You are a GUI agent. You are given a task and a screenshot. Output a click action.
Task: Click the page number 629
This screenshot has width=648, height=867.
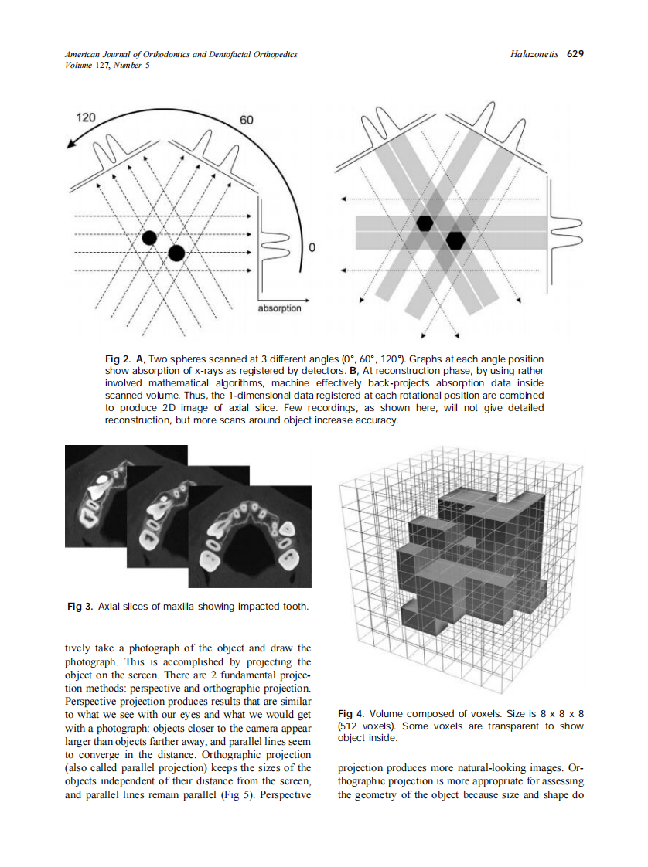click(x=575, y=54)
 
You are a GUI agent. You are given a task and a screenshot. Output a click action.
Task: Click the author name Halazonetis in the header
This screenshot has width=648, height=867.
click(x=536, y=54)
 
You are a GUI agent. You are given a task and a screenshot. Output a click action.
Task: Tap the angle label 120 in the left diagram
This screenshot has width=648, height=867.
click(x=86, y=118)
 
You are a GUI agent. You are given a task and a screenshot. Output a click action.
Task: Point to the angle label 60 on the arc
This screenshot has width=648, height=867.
click(x=247, y=121)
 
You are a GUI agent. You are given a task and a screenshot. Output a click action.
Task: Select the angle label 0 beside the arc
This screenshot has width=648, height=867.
click(x=312, y=248)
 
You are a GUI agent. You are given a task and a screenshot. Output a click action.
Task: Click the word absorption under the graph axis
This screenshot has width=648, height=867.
click(x=279, y=308)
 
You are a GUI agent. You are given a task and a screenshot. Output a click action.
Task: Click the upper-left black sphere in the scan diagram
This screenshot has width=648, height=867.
click(x=149, y=237)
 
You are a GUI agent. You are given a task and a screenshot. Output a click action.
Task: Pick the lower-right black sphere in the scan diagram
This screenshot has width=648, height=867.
click(x=176, y=253)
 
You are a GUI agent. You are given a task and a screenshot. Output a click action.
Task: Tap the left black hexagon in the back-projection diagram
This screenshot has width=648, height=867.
click(x=425, y=223)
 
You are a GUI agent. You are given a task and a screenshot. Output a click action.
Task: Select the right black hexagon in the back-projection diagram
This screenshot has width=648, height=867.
click(x=455, y=240)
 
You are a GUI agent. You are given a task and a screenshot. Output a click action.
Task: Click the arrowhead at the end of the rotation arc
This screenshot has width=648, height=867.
click(x=71, y=142)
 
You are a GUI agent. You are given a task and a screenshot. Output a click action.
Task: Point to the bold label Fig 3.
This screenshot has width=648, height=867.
click(x=80, y=607)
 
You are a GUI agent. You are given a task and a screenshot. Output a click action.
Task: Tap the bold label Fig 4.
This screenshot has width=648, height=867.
click(x=352, y=713)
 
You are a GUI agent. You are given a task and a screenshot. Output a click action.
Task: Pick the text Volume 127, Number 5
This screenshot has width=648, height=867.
click(x=108, y=65)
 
